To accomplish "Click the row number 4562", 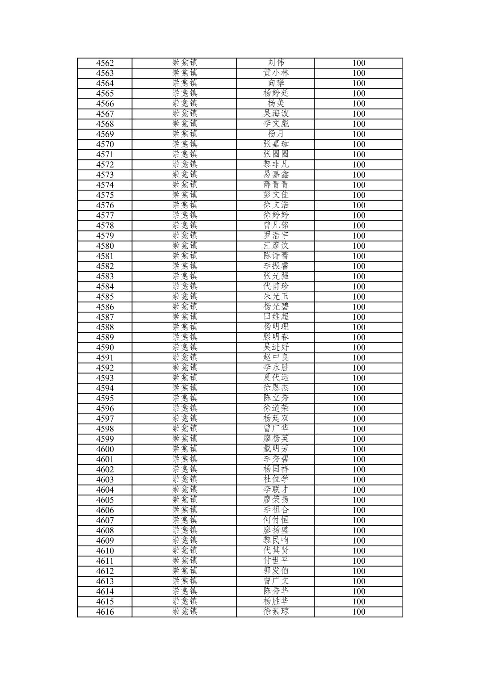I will tap(105, 63).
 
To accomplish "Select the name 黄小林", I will tap(276, 73).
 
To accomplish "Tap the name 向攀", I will tap(276, 83).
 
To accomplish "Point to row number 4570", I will tap(105, 144).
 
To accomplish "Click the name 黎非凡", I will tap(276, 164).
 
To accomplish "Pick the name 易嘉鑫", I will tap(276, 175).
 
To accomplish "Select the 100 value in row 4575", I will tap(358, 195).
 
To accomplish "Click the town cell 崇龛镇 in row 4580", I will tap(185, 246).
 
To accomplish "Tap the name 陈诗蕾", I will tap(276, 256).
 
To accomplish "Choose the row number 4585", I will tap(105, 297).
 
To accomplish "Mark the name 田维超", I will tap(276, 317).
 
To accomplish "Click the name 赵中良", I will tap(276, 357).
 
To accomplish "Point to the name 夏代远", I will tap(276, 378).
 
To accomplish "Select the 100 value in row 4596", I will tap(358, 409).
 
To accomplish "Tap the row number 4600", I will tap(105, 449).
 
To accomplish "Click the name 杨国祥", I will tap(276, 469).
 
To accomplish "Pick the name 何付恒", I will tap(276, 520).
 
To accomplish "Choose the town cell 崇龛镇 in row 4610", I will tap(185, 551).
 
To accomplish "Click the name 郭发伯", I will tap(276, 571).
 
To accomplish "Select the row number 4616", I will tap(105, 612).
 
